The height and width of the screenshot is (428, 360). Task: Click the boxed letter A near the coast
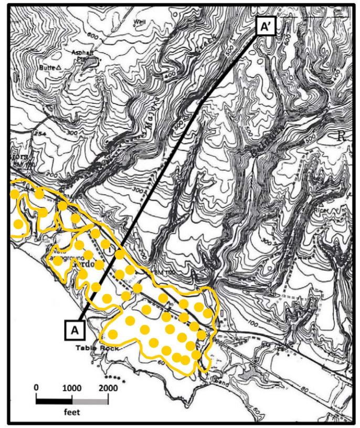[x=75, y=330]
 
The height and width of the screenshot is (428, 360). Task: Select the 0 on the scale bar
[x=36, y=388]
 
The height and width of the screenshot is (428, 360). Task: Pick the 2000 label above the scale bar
[x=108, y=388]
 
